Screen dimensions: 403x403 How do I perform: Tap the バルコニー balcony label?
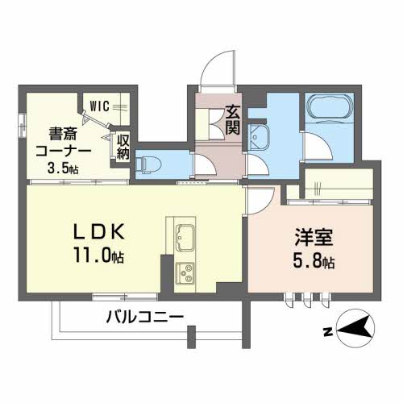(x=145, y=317)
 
